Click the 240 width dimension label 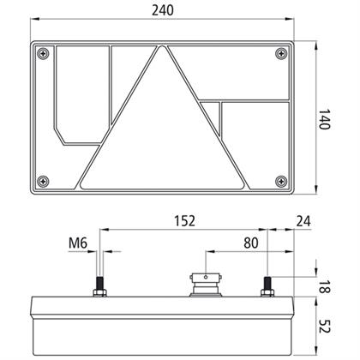[163, 10]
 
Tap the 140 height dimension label [324, 119]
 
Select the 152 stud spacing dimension [185, 221]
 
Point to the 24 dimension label [303, 221]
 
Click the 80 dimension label [251, 243]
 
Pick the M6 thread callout [78, 243]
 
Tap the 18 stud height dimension [324, 286]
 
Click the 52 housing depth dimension [324, 326]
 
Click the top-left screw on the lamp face [43, 53]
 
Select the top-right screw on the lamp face [281, 53]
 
